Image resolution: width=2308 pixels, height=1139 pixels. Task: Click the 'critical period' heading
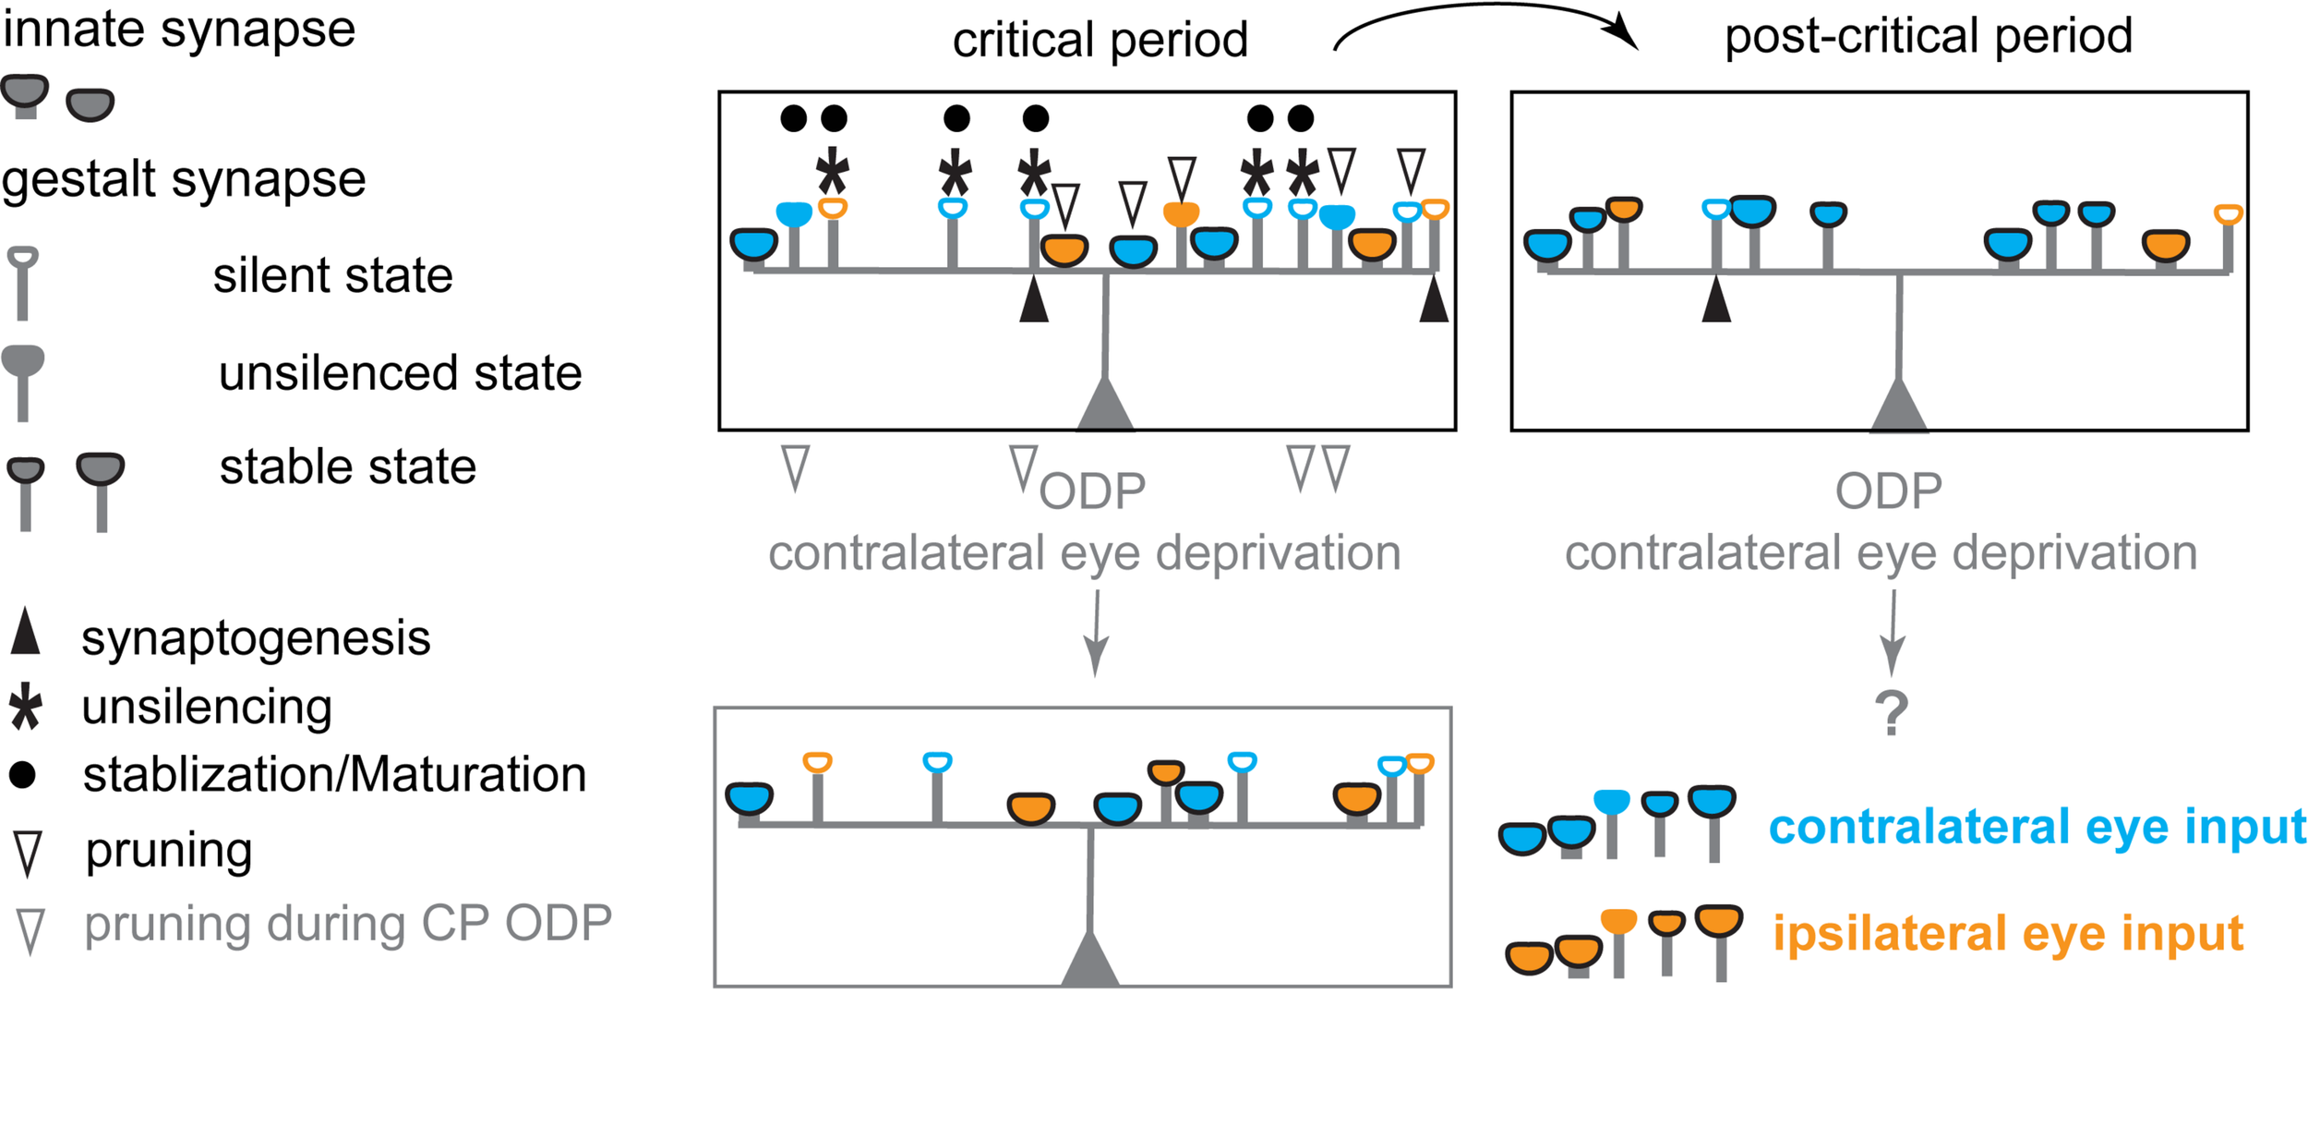tap(1100, 41)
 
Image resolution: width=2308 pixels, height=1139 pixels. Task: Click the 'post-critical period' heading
tap(1928, 37)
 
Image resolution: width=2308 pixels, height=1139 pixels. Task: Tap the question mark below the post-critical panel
tap(1891, 713)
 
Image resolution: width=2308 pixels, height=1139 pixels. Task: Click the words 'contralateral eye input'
tap(2037, 827)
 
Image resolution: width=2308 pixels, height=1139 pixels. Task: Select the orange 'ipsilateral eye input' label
tap(2007, 933)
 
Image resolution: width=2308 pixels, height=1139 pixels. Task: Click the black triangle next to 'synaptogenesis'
tap(26, 633)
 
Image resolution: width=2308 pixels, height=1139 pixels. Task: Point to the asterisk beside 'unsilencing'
tap(26, 708)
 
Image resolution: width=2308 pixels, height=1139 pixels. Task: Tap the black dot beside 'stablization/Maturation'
tap(22, 774)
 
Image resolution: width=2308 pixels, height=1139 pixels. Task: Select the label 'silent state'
tap(332, 275)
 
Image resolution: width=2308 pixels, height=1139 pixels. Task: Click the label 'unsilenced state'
tap(400, 373)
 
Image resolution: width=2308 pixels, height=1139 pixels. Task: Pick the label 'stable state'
tap(347, 467)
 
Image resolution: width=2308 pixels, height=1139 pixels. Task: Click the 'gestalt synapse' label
tap(183, 178)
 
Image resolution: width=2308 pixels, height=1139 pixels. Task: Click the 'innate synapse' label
tap(178, 30)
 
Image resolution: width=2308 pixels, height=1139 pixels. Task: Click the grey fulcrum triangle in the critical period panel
tap(1105, 406)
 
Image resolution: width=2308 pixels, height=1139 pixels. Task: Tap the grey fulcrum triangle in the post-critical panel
tap(1898, 407)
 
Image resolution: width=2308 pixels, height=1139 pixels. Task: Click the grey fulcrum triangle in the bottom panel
tap(1089, 961)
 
